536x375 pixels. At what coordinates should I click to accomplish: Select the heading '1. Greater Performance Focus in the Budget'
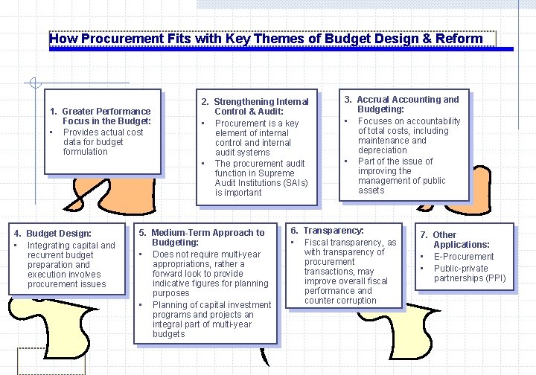pyautogui.click(x=100, y=116)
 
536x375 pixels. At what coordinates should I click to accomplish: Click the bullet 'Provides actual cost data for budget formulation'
pyautogui.click(x=103, y=141)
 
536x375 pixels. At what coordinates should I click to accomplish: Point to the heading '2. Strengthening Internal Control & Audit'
pyautogui.click(x=255, y=106)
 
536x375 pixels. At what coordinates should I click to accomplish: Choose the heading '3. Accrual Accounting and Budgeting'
pyautogui.click(x=401, y=104)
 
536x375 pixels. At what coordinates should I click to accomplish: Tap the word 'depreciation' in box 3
pyautogui.click(x=383, y=150)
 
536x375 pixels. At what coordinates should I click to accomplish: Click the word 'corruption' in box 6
pyautogui.click(x=351, y=301)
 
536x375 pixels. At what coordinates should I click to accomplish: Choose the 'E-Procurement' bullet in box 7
pyautogui.click(x=464, y=257)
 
